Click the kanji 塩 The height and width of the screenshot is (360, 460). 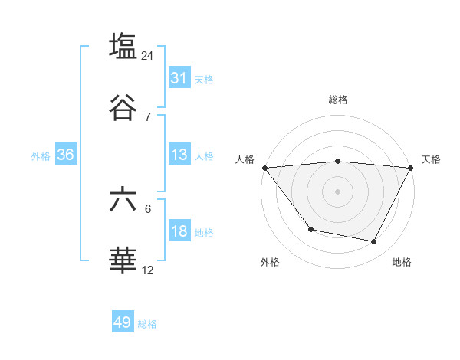[x=123, y=47]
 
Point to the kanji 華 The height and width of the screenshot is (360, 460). [x=123, y=261]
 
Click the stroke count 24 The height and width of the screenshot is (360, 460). [x=148, y=56]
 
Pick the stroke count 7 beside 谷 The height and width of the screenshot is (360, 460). [x=148, y=116]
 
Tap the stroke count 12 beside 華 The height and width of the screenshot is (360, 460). [x=148, y=270]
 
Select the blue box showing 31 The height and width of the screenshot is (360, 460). [x=179, y=78]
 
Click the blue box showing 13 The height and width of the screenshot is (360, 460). [x=179, y=155]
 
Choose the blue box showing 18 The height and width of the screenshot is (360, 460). [x=179, y=231]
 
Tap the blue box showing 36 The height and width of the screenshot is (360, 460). [x=66, y=155]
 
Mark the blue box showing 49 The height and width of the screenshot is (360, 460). [x=123, y=322]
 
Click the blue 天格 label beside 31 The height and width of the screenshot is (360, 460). [x=204, y=79]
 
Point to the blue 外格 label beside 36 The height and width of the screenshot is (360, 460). [x=41, y=155]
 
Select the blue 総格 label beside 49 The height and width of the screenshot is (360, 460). [x=148, y=323]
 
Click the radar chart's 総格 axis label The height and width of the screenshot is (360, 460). [x=338, y=100]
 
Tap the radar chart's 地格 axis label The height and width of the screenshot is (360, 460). [x=402, y=262]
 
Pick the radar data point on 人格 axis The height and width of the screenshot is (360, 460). [x=265, y=168]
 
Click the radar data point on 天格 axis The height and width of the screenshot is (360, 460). [x=410, y=168]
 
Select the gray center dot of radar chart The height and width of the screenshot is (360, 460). [x=338, y=191]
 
